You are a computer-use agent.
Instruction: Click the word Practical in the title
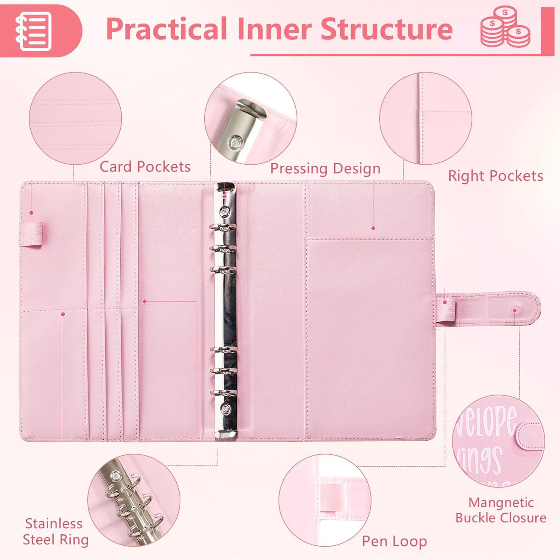tap(167, 28)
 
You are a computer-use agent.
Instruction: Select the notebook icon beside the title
tap(33, 31)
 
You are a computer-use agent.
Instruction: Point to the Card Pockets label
tap(145, 167)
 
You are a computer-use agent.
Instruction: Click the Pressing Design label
tap(325, 169)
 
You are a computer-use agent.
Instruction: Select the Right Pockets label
tap(495, 175)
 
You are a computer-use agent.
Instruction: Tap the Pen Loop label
tap(394, 541)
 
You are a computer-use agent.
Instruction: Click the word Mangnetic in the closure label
tap(501, 503)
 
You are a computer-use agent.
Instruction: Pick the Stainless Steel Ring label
tap(56, 532)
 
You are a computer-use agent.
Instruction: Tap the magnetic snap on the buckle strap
tap(514, 310)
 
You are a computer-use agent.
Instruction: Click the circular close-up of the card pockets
tap(75, 118)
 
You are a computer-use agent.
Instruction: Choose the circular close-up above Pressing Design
tap(251, 118)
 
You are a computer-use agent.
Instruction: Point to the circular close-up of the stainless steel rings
tap(134, 500)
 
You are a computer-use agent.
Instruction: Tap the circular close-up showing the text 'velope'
tap(498, 442)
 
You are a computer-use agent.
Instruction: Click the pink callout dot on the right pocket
tap(373, 228)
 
